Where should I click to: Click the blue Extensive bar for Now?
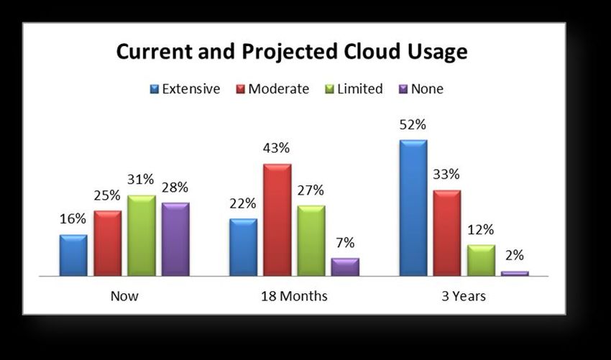[73, 255]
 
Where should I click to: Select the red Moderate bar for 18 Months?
[277, 220]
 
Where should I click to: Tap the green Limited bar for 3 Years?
[481, 260]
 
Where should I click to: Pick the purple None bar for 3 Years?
[515, 274]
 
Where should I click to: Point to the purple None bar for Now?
[175, 239]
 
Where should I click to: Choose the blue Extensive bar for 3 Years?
[413, 208]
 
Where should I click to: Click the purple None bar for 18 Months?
[345, 267]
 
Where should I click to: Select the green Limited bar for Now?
[142, 235]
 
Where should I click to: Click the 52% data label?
[413, 125]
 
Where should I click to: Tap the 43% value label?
[276, 148]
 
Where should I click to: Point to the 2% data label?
[515, 255]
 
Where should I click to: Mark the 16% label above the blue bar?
[73, 219]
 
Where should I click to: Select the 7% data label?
[345, 243]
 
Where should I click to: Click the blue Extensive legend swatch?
[155, 89]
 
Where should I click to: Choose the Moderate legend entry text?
[279, 89]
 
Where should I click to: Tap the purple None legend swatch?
[404, 89]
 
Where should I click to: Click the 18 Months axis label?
[294, 296]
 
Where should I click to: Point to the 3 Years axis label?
[464, 296]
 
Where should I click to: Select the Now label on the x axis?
[124, 296]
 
